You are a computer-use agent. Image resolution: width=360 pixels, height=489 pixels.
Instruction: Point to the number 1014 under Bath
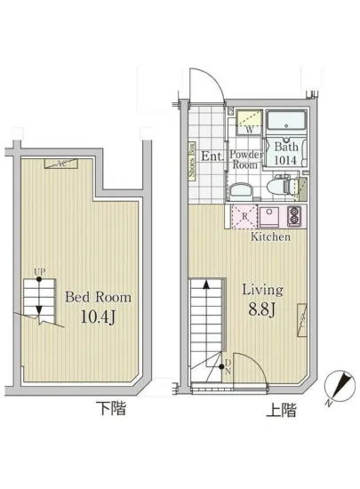pyautogui.click(x=286, y=161)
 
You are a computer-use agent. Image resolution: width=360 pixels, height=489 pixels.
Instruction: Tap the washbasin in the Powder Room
pyautogui.click(x=240, y=190)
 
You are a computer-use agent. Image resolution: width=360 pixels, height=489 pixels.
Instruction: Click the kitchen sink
pyautogui.click(x=268, y=216)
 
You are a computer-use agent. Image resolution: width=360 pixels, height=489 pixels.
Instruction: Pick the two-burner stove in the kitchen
pyautogui.click(x=294, y=216)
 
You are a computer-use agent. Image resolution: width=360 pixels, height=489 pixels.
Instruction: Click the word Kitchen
pyautogui.click(x=270, y=238)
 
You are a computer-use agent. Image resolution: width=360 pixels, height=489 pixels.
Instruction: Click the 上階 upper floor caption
pyautogui.click(x=282, y=411)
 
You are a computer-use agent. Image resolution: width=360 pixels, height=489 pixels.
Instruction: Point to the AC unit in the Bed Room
pyautogui.click(x=61, y=163)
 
